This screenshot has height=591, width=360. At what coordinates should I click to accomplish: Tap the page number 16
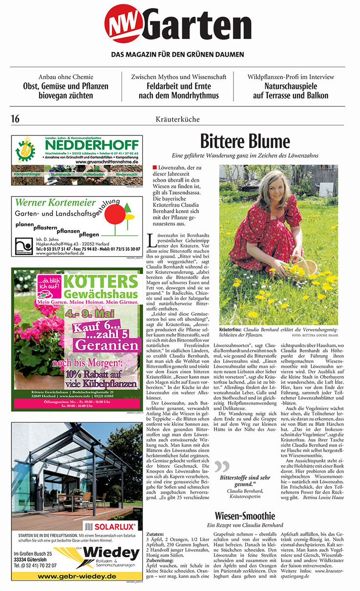16,119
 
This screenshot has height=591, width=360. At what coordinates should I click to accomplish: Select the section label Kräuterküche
179,119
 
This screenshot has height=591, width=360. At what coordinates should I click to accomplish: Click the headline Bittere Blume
245,142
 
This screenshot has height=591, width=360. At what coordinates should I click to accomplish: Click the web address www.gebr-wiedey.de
77,576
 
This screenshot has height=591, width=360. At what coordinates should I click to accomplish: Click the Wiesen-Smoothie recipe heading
246,516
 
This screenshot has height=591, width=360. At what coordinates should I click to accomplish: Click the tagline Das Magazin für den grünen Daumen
177,54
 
